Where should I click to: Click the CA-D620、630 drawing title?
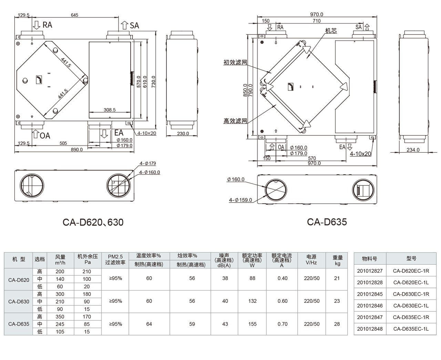click(x=93, y=222)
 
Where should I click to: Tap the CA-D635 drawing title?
click(x=327, y=222)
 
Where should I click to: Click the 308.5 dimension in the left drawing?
click(x=110, y=110)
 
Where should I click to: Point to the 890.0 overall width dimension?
click(x=76, y=150)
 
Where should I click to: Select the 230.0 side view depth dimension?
click(x=183, y=133)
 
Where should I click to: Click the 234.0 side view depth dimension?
click(x=413, y=150)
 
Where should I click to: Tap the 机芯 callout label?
click(x=331, y=31)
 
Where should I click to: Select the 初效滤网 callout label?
click(x=235, y=62)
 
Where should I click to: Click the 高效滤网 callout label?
click(x=235, y=121)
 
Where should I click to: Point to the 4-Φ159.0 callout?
click(x=240, y=200)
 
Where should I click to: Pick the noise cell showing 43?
click(x=225, y=324)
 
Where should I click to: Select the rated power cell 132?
click(x=252, y=301)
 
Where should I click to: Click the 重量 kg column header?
click(x=337, y=260)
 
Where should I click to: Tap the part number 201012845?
click(x=370, y=294)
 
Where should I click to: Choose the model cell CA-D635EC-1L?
click(x=411, y=329)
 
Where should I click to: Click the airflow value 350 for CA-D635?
click(x=60, y=317)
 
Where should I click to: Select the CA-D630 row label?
click(x=19, y=301)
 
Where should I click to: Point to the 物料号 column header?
click(x=370, y=258)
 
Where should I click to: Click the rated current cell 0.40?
click(x=282, y=278)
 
